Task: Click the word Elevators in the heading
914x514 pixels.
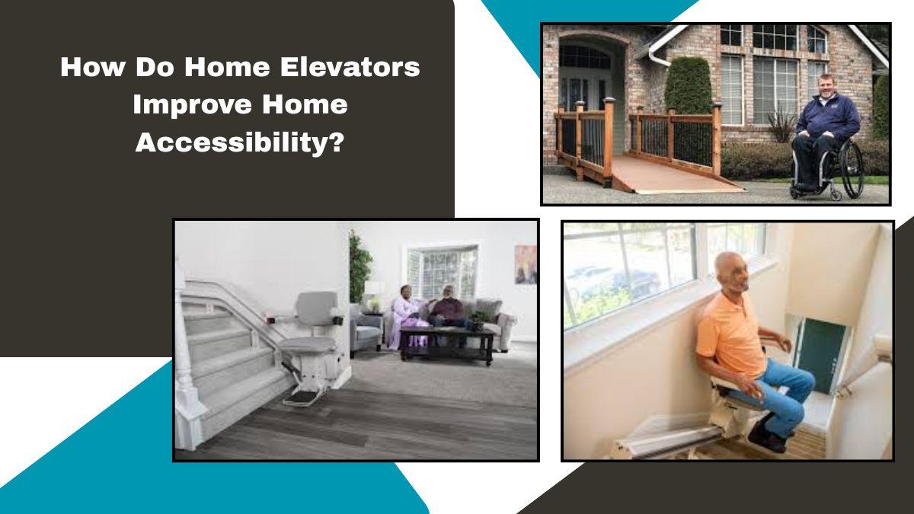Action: point(350,67)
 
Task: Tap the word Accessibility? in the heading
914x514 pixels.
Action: point(239,143)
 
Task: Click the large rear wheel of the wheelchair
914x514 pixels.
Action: point(853,169)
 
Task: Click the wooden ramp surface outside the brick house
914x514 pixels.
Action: point(670,174)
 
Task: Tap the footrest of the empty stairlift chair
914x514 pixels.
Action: point(302,397)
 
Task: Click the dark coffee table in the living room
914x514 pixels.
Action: point(448,343)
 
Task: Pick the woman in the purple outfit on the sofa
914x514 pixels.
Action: point(408,316)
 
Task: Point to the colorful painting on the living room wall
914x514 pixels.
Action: point(526,264)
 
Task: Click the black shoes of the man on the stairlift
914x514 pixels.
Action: point(767,436)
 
